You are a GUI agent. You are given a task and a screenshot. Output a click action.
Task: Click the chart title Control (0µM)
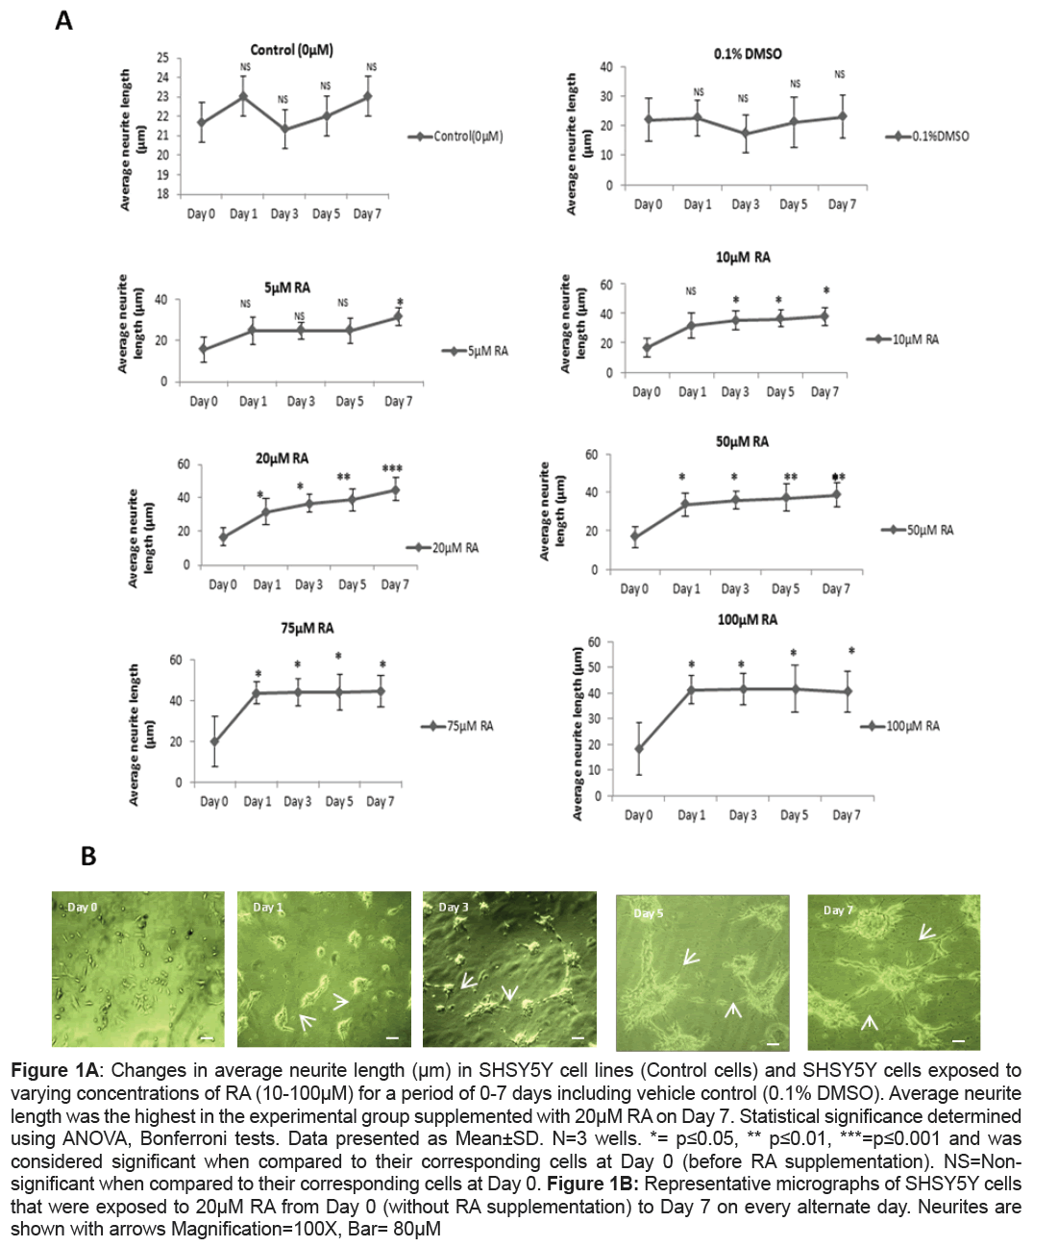click(291, 50)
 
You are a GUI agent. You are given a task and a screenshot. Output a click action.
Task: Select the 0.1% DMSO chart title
click(747, 54)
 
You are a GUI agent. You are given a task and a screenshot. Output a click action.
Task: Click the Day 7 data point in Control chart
click(368, 96)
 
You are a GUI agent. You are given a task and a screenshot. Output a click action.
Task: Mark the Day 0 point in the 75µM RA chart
click(214, 742)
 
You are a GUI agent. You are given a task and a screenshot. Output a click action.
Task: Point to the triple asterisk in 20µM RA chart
click(392, 469)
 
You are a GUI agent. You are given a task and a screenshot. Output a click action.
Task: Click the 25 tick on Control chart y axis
click(162, 59)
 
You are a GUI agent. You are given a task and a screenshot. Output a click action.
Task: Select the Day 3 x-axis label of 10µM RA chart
click(735, 392)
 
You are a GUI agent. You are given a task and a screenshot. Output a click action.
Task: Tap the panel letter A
click(63, 20)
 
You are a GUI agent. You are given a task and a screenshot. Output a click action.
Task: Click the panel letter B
click(88, 856)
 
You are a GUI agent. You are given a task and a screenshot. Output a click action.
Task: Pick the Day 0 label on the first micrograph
click(81, 907)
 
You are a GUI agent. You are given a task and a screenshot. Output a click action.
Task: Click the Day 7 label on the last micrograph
click(837, 910)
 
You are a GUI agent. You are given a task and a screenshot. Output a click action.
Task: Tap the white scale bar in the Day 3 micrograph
click(578, 1037)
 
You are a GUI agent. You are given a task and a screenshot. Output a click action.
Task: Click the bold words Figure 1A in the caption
click(55, 1070)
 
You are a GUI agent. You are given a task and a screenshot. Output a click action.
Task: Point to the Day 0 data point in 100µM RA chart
click(639, 749)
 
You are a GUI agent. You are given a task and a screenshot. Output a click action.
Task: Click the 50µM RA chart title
click(742, 442)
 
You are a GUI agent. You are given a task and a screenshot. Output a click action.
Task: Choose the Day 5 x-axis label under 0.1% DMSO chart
click(793, 205)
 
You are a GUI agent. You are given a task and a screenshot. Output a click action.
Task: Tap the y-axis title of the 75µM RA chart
click(141, 736)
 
